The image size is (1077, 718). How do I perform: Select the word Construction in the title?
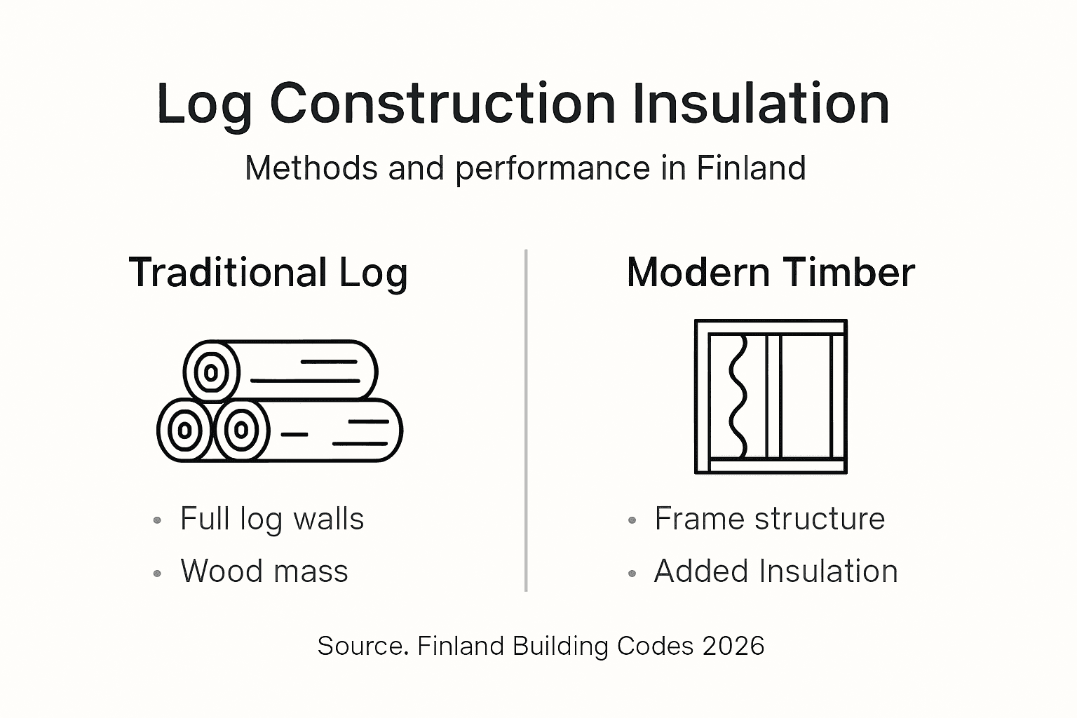442,104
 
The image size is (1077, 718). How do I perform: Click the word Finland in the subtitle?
751,168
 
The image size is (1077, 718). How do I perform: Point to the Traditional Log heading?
268,272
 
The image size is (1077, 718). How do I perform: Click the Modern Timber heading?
771,272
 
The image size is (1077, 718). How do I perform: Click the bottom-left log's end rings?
184,430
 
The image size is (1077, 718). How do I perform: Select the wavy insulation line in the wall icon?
738,396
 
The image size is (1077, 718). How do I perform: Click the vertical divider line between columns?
526,421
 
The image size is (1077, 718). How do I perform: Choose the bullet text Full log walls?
272,520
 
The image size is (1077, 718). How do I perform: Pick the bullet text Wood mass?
264,571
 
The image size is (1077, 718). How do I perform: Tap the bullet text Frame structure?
769,520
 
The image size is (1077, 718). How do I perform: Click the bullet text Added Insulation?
775,571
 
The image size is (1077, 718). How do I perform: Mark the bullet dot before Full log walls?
157,521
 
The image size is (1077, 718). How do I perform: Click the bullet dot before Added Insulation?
632,574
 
